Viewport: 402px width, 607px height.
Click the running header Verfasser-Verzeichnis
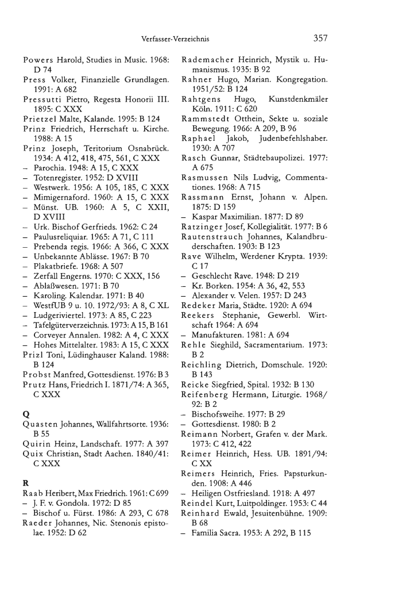(175, 40)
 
